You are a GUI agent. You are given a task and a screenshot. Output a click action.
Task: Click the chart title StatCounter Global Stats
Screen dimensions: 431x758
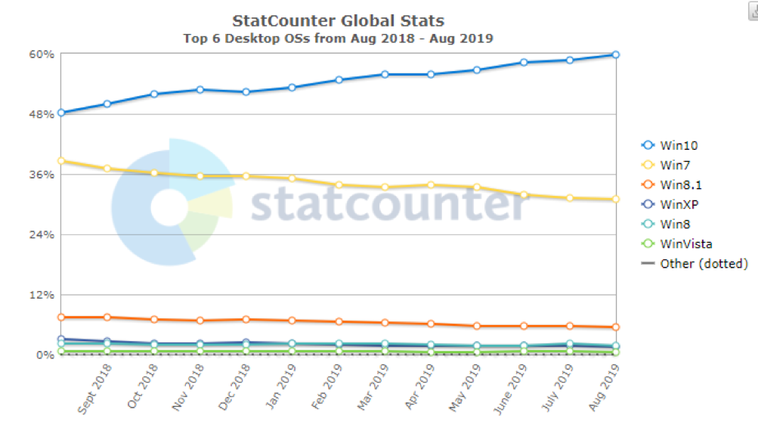(x=338, y=20)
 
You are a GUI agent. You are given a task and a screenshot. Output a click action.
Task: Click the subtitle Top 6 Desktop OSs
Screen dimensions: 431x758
(x=338, y=38)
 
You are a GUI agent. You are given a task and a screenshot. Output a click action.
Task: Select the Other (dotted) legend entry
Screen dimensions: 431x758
(x=695, y=263)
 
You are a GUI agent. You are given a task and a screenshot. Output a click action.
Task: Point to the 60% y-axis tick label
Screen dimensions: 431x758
(x=42, y=54)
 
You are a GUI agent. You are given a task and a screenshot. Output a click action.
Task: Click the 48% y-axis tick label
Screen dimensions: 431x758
(x=42, y=114)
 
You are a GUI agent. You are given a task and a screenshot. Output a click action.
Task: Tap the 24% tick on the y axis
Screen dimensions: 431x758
(x=42, y=234)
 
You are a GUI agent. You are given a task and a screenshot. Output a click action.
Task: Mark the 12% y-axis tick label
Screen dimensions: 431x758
(x=42, y=294)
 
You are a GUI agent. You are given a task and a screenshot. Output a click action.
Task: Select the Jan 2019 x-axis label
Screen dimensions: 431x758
(x=281, y=386)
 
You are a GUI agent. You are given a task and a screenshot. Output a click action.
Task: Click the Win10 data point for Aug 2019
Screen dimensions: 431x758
(x=616, y=54)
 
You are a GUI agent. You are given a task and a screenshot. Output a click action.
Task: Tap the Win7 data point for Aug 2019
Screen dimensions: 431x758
(x=616, y=199)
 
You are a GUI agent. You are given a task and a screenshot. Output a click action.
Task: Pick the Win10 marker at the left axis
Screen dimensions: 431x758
(x=61, y=113)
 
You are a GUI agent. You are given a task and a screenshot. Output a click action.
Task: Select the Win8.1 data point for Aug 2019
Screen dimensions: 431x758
(x=616, y=327)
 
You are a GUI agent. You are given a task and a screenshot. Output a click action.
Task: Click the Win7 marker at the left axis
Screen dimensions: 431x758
(x=61, y=160)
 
